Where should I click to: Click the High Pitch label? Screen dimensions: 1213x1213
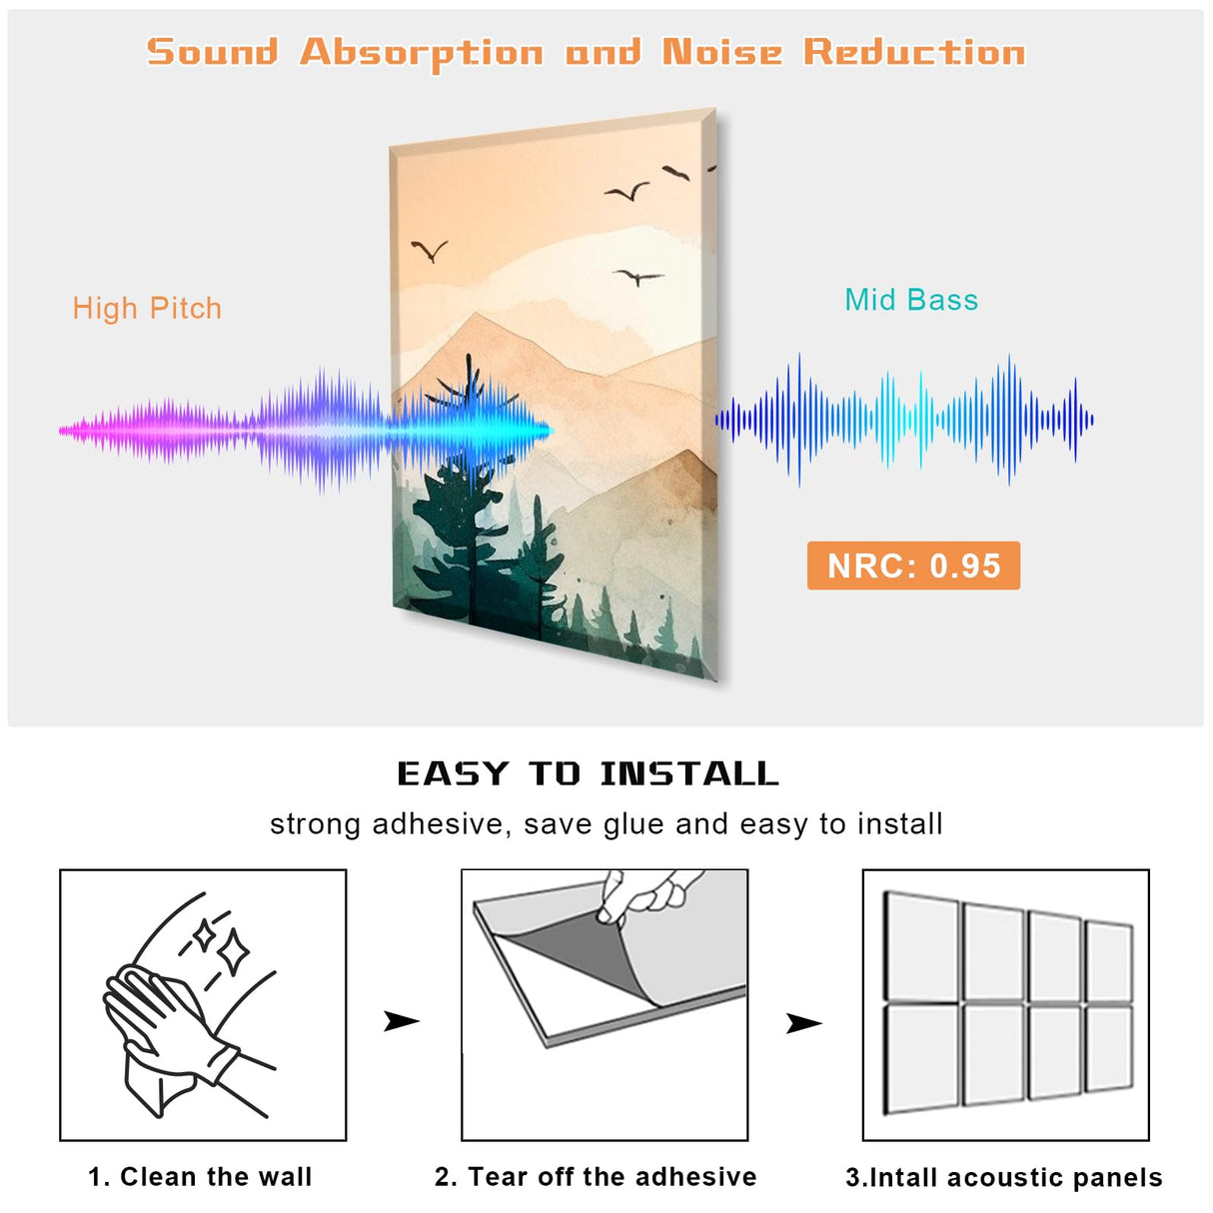click(147, 309)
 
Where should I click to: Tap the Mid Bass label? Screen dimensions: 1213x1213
click(911, 300)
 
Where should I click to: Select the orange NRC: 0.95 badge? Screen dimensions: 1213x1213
click(913, 566)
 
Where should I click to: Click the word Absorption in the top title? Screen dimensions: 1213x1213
click(422, 53)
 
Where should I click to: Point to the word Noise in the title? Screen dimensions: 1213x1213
click(721, 52)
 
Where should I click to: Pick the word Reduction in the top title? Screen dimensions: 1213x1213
click(914, 52)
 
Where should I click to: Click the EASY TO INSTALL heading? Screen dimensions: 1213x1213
click(588, 773)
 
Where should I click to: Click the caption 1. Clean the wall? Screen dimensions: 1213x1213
click(200, 1177)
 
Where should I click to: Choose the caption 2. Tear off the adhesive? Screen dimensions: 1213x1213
click(596, 1177)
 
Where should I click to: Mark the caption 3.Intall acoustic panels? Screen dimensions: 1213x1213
click(1004, 1178)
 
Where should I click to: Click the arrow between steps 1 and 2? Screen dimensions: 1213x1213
click(401, 1021)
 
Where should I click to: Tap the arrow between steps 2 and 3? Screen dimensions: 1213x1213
click(803, 1023)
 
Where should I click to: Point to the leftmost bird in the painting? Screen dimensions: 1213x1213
click(430, 250)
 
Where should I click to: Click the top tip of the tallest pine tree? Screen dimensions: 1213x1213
click(469, 358)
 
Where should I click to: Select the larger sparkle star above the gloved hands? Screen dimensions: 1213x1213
click(234, 952)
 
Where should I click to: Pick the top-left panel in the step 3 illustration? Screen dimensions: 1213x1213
click(922, 947)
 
